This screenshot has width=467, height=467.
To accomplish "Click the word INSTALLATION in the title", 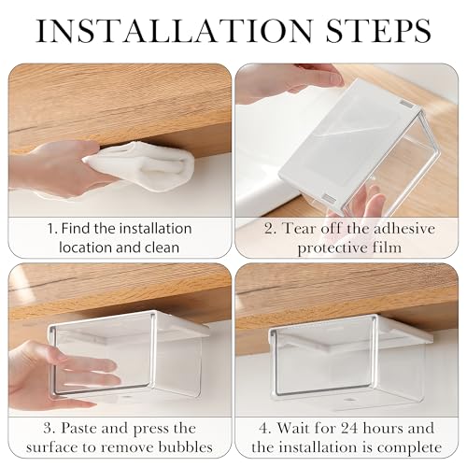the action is (175, 31).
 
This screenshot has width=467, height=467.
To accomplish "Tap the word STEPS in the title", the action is (378, 31).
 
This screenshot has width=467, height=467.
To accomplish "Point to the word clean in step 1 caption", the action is (162, 248).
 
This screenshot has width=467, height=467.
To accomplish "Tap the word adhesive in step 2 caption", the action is (404, 229).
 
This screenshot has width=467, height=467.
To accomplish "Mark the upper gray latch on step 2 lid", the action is (406, 105).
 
